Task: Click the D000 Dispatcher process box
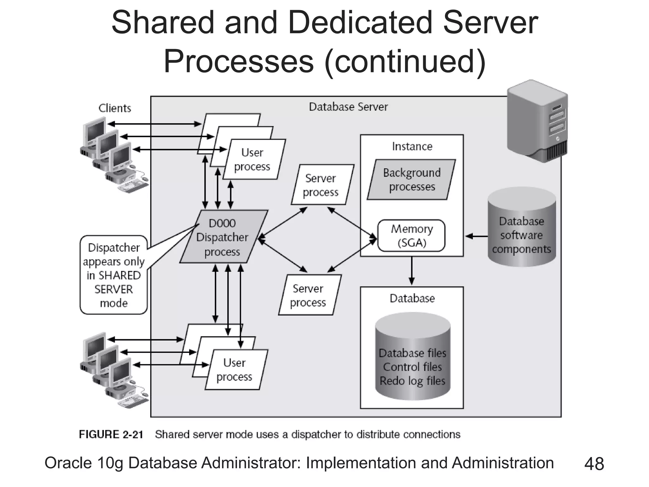point(223,237)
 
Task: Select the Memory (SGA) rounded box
point(411,236)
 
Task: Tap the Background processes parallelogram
point(411,179)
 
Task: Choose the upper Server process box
point(322,185)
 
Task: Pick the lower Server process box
point(309,295)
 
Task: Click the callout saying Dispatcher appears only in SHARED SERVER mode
point(113,275)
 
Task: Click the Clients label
point(115,108)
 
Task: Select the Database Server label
point(348,107)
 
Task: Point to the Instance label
point(412,146)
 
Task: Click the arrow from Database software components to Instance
point(477,236)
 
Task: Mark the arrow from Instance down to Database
point(412,271)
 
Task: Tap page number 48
point(594,464)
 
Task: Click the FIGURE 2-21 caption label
point(111,434)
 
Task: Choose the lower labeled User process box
point(235,370)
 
